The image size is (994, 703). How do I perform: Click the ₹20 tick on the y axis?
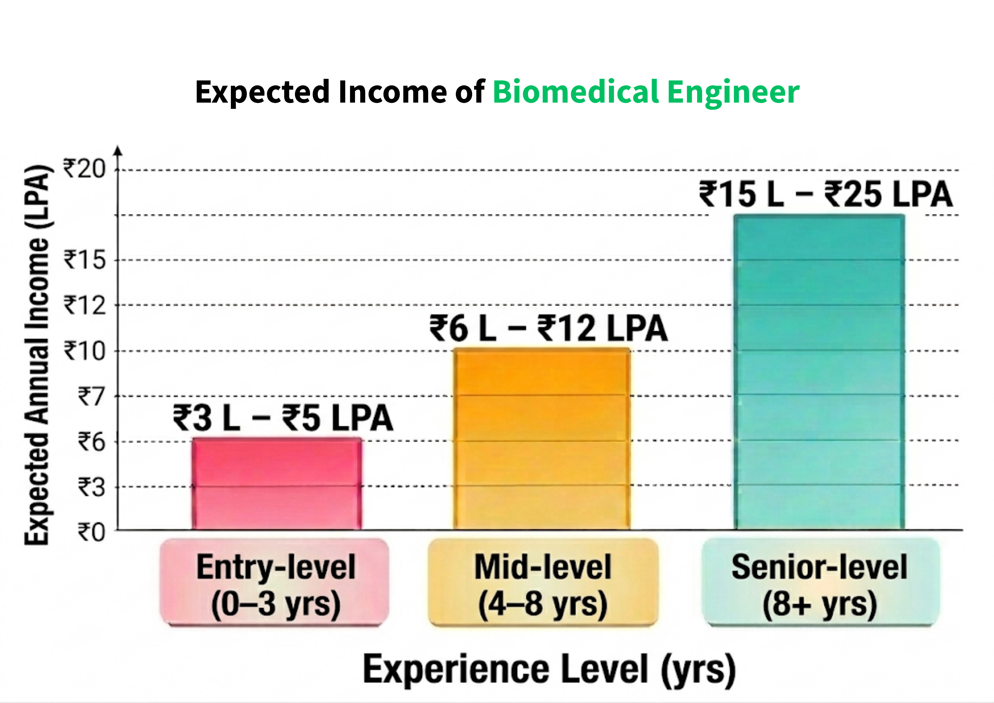click(x=84, y=168)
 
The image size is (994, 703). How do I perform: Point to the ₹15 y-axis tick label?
click(x=84, y=260)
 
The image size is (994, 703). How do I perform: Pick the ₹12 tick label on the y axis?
click(x=84, y=305)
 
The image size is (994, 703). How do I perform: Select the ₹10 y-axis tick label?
click(x=84, y=351)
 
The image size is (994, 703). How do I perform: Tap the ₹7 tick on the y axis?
click(x=91, y=396)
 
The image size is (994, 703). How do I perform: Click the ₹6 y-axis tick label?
click(x=91, y=442)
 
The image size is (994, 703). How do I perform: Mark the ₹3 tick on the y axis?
click(x=91, y=487)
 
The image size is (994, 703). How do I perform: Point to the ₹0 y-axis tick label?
click(x=91, y=532)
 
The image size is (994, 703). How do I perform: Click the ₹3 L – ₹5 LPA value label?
click(x=283, y=418)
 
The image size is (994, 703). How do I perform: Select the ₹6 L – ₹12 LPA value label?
click(x=549, y=328)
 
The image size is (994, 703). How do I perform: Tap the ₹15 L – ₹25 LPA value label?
click(x=826, y=194)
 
